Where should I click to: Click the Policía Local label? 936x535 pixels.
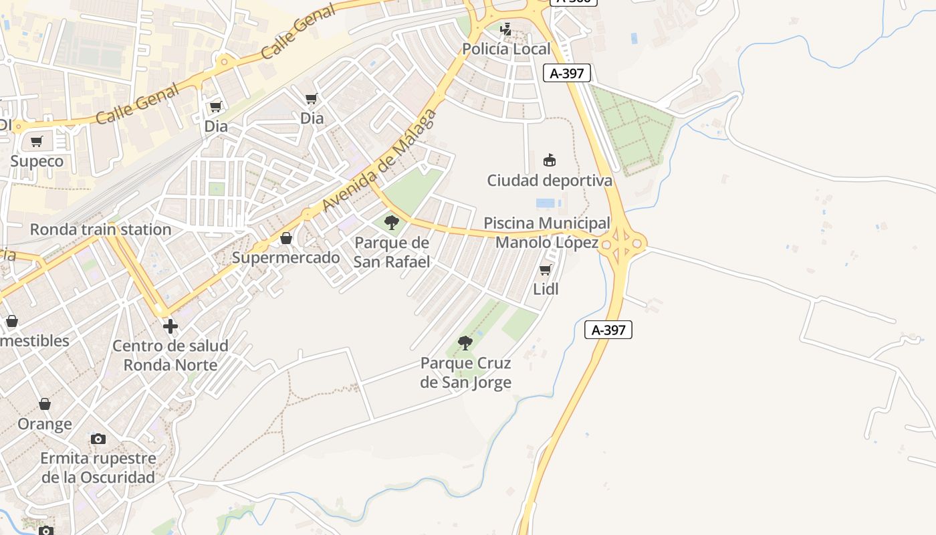click(x=506, y=49)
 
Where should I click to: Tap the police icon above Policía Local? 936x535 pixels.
click(x=506, y=29)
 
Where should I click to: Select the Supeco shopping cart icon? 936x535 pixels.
click(x=37, y=142)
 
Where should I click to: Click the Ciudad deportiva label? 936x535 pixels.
click(x=550, y=181)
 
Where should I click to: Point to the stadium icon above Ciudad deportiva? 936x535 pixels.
click(x=550, y=160)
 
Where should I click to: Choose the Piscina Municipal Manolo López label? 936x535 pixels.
click(x=547, y=233)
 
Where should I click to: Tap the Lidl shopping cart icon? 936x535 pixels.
click(x=546, y=270)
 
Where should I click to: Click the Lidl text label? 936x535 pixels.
click(x=546, y=289)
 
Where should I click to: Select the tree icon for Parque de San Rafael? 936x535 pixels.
click(x=392, y=223)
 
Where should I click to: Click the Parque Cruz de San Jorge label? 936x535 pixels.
click(x=466, y=373)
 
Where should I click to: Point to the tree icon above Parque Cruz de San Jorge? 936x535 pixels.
click(x=465, y=344)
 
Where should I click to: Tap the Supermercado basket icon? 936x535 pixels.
click(x=286, y=238)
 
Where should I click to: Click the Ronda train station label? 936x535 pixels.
click(x=101, y=229)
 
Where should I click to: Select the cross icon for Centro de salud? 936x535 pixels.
click(x=170, y=326)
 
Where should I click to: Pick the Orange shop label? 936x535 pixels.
click(x=45, y=424)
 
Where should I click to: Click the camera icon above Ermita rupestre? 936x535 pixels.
click(x=98, y=439)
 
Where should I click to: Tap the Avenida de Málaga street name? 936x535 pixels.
click(x=380, y=160)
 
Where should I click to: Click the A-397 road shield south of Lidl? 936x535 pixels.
click(x=608, y=330)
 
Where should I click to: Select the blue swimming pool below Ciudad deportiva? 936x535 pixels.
click(x=546, y=203)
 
